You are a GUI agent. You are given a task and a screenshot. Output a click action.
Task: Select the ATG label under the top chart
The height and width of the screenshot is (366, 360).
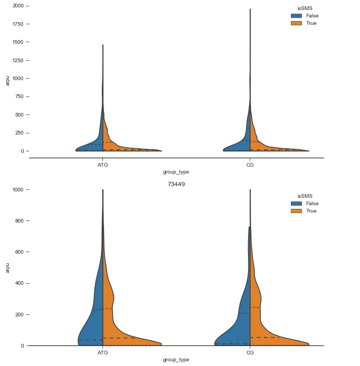103,165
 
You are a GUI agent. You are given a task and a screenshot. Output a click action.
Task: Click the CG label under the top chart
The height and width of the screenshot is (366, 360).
250,165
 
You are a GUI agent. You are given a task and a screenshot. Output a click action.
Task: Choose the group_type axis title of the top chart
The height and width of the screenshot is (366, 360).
176,172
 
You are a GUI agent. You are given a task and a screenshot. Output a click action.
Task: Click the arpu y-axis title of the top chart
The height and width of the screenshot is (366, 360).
7,80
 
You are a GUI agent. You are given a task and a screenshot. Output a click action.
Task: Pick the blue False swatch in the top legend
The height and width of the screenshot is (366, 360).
295,16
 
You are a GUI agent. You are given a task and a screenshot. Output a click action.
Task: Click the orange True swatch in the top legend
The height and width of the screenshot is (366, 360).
295,23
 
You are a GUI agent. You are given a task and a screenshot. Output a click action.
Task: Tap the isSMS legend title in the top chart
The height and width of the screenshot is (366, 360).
305,8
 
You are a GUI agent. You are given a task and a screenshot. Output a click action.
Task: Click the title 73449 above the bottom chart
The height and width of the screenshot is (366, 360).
176,184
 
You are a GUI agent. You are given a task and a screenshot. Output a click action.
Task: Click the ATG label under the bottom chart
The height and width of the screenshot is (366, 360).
103,352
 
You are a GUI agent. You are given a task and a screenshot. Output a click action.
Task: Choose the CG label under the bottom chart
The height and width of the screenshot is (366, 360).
250,352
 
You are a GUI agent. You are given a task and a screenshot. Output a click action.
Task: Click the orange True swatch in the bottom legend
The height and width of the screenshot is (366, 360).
295,211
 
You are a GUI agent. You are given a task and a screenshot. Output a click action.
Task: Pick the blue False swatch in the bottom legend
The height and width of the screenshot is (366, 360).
295,204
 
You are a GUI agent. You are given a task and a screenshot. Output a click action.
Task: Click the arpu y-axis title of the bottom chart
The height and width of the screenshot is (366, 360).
7,267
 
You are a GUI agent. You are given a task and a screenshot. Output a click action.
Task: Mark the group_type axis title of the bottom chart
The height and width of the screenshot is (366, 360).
176,360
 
